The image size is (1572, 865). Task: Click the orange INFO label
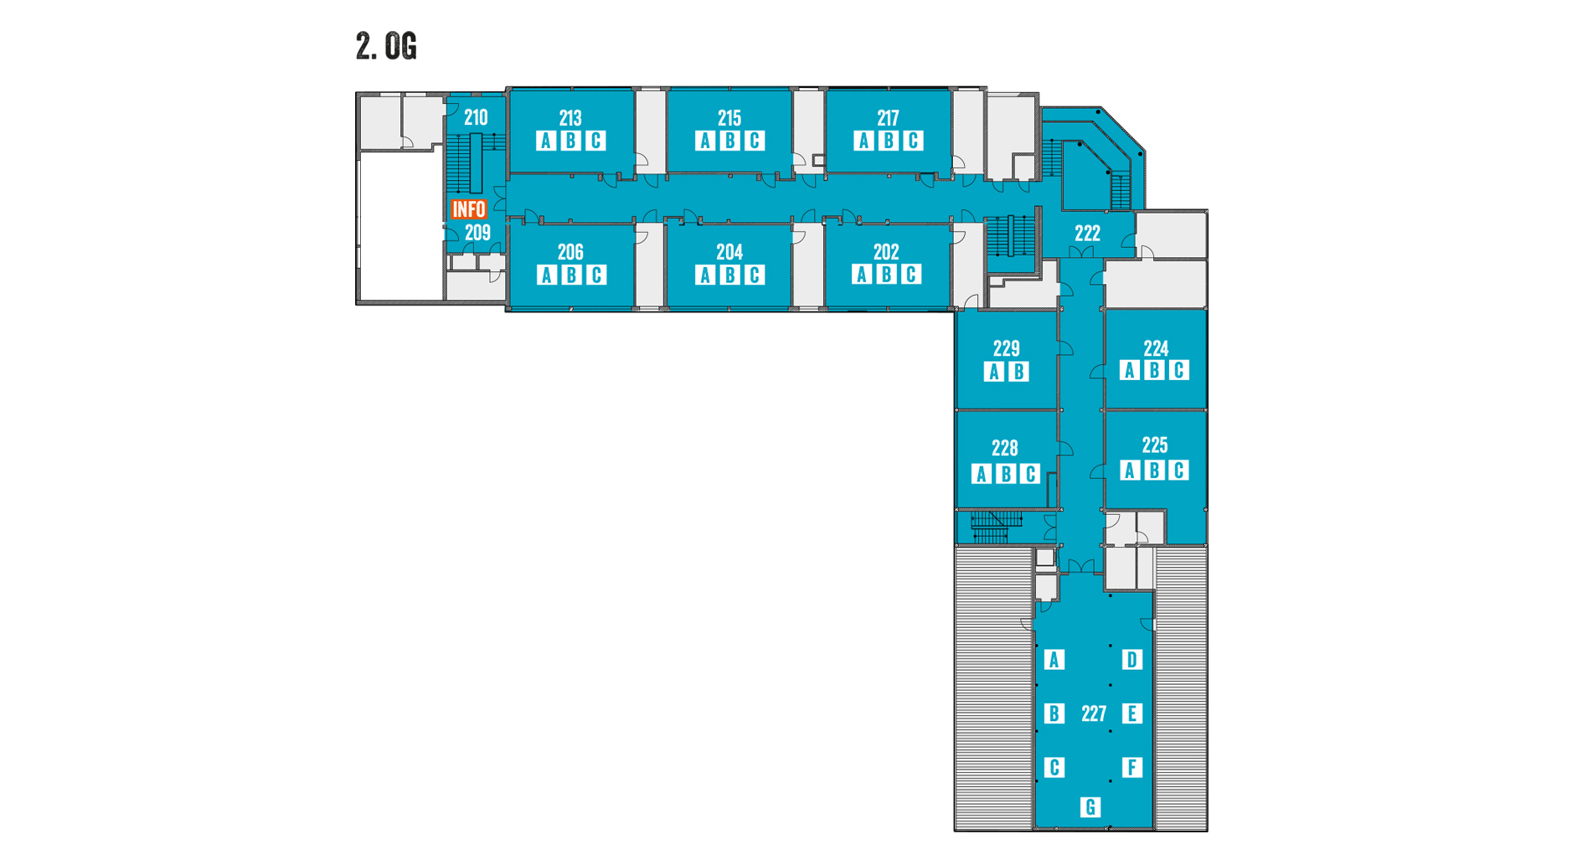click(x=468, y=209)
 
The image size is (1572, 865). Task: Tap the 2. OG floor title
click(x=386, y=46)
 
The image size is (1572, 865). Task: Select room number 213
click(x=570, y=118)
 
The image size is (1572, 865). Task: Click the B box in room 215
click(x=729, y=141)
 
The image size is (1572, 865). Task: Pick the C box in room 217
click(x=913, y=141)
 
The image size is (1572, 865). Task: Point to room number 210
click(x=476, y=117)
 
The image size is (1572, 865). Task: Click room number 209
click(x=477, y=233)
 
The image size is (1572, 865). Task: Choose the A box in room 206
click(x=546, y=275)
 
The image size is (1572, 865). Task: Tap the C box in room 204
click(x=755, y=275)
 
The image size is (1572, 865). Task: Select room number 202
click(x=886, y=251)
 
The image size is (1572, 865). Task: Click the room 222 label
click(x=1087, y=234)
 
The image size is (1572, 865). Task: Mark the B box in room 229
click(x=1018, y=372)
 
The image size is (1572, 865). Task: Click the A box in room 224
click(x=1130, y=370)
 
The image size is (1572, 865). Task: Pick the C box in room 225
click(x=1178, y=471)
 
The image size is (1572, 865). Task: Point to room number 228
click(x=1005, y=448)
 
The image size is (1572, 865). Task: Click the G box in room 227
click(x=1090, y=807)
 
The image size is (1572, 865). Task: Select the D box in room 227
click(x=1131, y=660)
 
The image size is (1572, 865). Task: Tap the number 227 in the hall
click(x=1094, y=713)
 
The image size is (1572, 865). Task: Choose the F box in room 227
click(x=1131, y=767)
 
